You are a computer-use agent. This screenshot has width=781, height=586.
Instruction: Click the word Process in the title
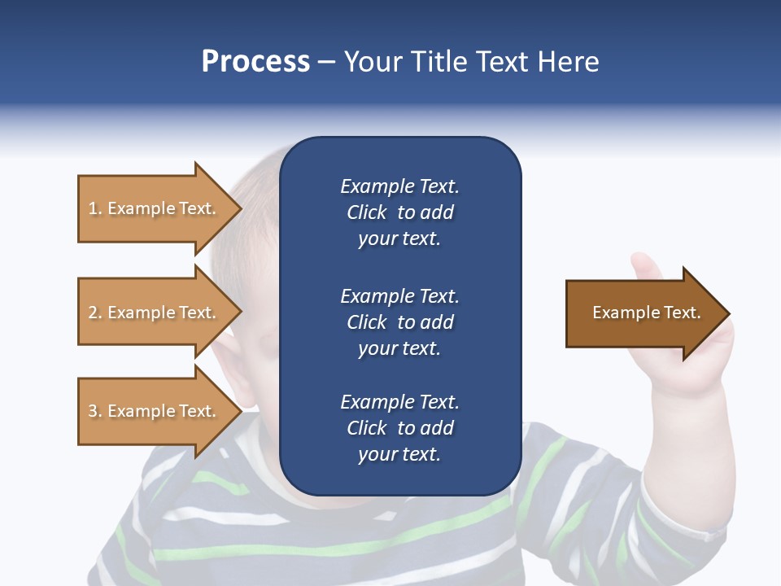tap(255, 62)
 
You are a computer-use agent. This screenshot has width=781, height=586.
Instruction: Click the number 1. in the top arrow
tap(95, 208)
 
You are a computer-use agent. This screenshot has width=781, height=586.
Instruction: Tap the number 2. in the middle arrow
tap(95, 313)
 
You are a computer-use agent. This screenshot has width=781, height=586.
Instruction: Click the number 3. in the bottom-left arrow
tap(95, 411)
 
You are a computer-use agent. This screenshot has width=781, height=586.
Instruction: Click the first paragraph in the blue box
tap(399, 212)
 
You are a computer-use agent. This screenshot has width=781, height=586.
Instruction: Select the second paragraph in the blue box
tap(399, 321)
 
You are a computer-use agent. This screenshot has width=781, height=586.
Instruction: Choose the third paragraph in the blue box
tap(399, 428)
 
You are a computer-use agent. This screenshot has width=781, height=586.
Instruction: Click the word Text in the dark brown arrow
tap(681, 313)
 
